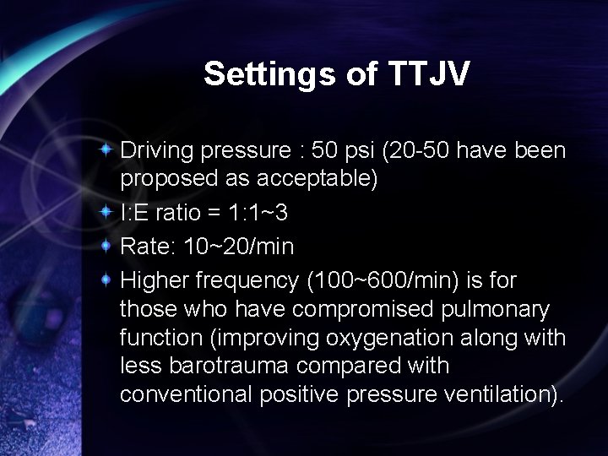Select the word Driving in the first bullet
click(x=157, y=151)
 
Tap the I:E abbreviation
click(x=136, y=213)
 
